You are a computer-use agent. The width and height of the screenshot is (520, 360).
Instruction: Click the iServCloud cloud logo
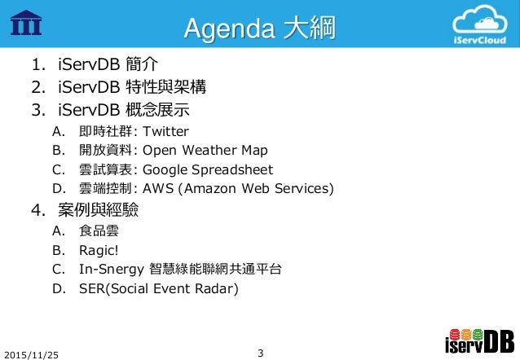click(x=485, y=27)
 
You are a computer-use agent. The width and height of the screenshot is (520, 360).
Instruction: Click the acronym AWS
click(x=158, y=190)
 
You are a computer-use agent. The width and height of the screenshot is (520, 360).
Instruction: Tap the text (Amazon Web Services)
click(x=257, y=190)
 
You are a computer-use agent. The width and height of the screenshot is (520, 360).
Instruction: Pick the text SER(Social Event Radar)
click(x=160, y=289)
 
